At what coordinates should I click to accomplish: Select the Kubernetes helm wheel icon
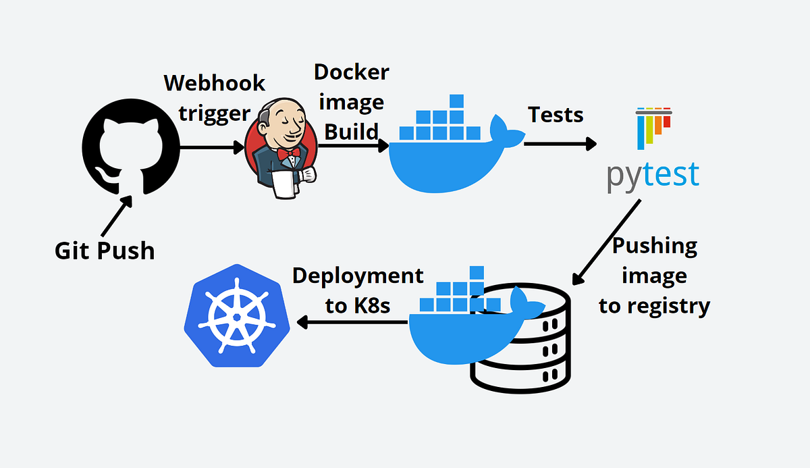[237, 315]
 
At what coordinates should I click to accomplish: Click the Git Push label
[105, 251]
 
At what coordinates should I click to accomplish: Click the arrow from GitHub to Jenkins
[213, 147]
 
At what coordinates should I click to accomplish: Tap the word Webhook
[215, 83]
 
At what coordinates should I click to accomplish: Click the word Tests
[555, 114]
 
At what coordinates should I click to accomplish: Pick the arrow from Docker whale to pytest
[560, 143]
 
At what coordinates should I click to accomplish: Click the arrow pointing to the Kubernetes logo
[351, 322]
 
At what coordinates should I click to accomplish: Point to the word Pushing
[654, 245]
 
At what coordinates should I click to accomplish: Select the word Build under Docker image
[351, 131]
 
